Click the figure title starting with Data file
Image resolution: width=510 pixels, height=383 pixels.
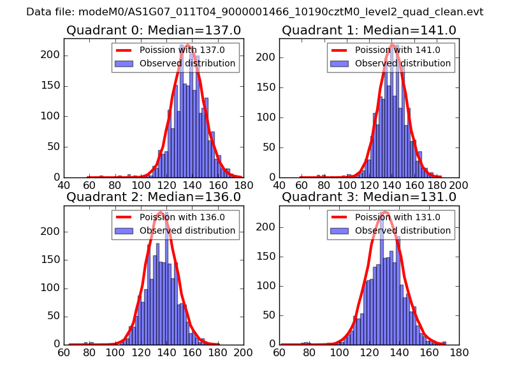[255, 12]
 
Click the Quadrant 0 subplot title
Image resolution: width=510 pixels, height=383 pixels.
[154, 30]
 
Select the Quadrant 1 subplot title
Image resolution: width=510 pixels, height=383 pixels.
[369, 30]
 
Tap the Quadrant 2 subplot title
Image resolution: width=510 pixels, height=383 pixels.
[154, 197]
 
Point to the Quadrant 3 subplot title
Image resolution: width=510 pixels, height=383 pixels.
[369, 197]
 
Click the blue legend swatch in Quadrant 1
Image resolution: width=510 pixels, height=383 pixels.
[338, 63]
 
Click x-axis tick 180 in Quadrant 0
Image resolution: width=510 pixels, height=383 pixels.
[243, 185]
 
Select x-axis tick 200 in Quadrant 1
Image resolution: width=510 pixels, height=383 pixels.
[458, 185]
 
